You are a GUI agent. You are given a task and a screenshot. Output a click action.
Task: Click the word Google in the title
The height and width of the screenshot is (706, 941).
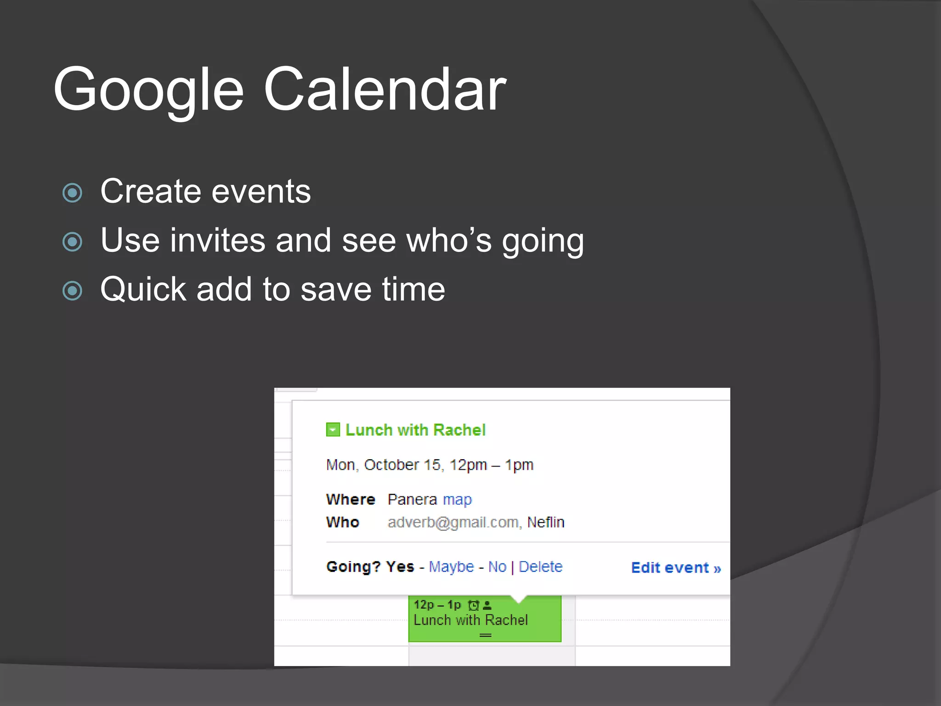tap(148, 90)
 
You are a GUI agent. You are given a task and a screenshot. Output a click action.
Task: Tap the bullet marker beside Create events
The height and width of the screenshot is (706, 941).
tap(73, 193)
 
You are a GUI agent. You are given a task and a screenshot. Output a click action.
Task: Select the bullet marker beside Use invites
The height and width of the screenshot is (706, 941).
tap(73, 242)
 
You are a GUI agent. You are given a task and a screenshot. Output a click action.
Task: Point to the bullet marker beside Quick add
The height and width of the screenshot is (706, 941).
tap(73, 290)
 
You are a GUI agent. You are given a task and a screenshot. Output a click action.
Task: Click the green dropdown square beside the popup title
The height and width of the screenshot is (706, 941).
tap(333, 430)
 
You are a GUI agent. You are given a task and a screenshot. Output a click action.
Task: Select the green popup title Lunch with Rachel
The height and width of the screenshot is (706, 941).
tap(415, 430)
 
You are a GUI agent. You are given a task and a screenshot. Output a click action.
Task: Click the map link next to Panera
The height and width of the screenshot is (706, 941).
tap(457, 499)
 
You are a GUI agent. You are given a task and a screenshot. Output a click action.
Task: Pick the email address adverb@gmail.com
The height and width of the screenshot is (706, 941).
tap(453, 522)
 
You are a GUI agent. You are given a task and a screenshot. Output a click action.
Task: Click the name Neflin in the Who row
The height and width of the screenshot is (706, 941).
tap(546, 522)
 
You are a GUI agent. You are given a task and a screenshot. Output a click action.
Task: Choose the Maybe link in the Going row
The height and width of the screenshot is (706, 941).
tap(451, 566)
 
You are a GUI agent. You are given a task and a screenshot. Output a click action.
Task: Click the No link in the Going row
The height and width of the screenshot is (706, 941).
tap(497, 566)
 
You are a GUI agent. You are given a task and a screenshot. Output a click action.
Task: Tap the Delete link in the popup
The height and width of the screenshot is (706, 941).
tap(540, 566)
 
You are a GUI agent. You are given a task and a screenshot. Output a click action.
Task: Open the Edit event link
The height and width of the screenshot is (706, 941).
tap(675, 568)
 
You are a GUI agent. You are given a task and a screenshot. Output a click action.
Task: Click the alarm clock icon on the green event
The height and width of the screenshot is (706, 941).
tap(473, 605)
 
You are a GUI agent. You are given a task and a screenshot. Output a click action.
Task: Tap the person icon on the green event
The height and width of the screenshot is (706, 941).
tap(488, 605)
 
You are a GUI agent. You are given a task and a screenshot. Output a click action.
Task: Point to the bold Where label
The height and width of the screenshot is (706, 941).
tap(351, 499)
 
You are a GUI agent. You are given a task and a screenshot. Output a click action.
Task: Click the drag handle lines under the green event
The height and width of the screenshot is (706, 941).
tap(485, 635)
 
